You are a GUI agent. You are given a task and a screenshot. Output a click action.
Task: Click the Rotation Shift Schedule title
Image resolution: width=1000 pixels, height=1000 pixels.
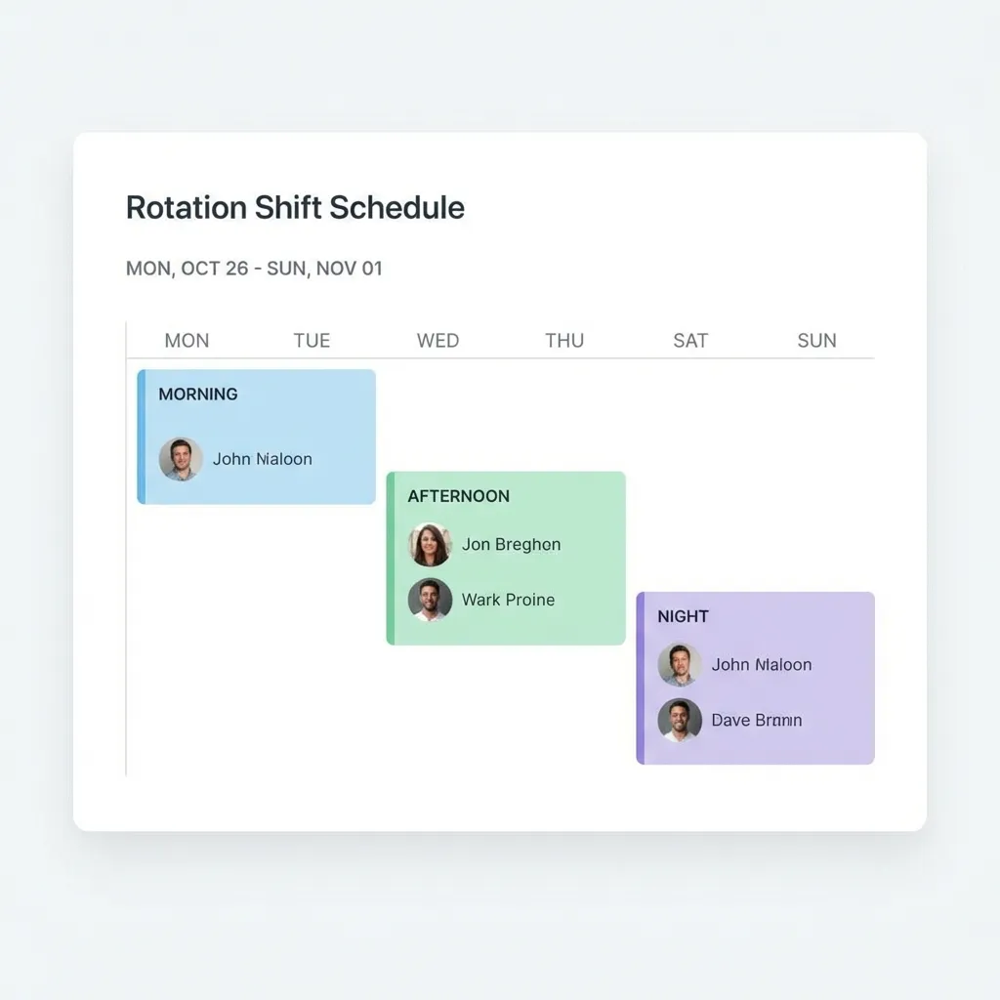click(x=295, y=208)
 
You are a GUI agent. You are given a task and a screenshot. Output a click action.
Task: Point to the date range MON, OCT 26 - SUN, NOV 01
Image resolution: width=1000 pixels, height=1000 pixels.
click(x=254, y=269)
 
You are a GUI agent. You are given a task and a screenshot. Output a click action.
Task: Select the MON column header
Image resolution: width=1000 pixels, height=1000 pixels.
click(x=187, y=341)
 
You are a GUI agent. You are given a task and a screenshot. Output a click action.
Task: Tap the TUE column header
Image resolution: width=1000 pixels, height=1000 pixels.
click(x=312, y=341)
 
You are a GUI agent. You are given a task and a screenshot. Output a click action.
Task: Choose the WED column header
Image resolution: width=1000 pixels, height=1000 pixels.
click(x=437, y=341)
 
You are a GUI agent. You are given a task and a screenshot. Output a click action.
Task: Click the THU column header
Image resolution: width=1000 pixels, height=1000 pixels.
click(x=564, y=341)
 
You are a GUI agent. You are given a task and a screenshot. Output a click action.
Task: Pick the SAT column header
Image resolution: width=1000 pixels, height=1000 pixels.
click(x=690, y=341)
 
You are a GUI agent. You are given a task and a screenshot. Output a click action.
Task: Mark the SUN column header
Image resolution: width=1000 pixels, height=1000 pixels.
click(x=816, y=341)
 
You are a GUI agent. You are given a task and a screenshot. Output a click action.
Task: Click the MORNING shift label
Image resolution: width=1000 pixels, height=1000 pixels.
click(x=198, y=395)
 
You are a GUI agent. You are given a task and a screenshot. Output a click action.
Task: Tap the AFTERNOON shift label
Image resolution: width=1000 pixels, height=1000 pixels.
click(x=458, y=496)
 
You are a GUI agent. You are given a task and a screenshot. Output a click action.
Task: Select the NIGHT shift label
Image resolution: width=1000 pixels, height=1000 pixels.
click(x=683, y=616)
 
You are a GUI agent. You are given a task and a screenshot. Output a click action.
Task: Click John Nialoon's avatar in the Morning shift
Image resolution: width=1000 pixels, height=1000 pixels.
click(x=181, y=459)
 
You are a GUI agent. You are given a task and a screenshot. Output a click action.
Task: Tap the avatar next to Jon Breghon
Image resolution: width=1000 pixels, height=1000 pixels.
click(x=430, y=545)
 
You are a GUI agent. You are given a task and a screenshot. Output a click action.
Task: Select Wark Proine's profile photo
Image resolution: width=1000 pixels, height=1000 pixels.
click(x=430, y=600)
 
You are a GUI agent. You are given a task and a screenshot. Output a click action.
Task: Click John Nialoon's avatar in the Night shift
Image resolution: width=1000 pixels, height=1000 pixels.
click(x=680, y=665)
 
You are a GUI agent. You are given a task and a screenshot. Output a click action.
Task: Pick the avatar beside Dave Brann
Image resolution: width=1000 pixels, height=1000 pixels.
click(x=680, y=720)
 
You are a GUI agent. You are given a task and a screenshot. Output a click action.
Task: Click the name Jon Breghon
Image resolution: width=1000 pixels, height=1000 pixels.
click(x=511, y=545)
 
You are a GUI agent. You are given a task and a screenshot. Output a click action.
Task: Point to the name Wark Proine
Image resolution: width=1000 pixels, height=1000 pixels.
click(x=508, y=600)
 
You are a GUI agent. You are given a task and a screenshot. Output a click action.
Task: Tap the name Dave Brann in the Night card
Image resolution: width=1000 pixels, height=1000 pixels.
click(x=757, y=720)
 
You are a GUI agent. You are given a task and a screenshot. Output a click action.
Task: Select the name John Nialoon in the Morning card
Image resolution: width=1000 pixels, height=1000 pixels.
click(x=263, y=459)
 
